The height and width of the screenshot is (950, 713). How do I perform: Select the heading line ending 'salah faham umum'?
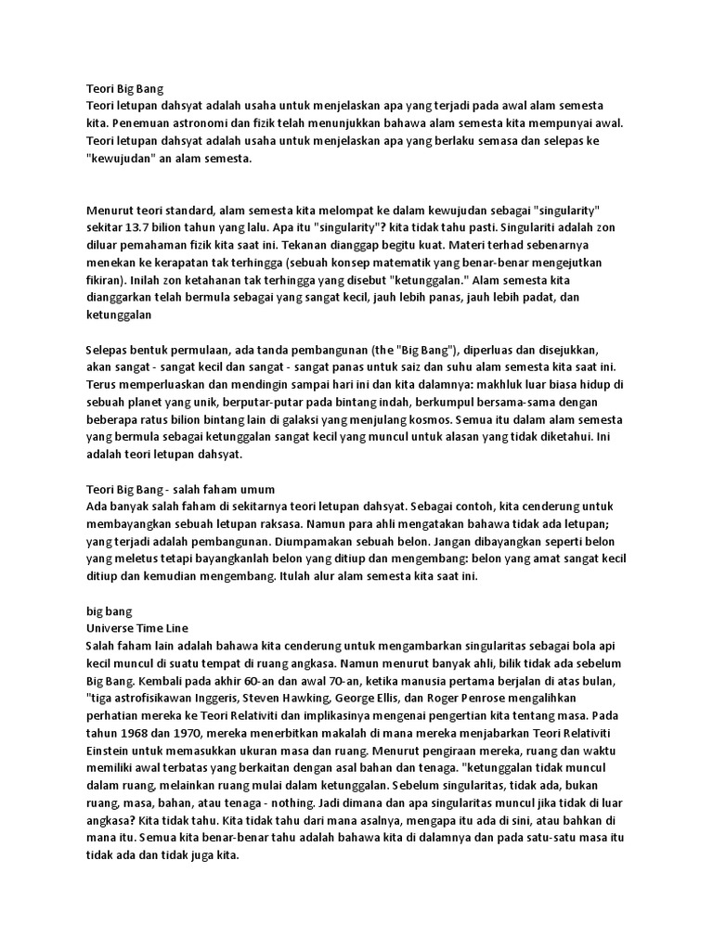pos(181,489)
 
